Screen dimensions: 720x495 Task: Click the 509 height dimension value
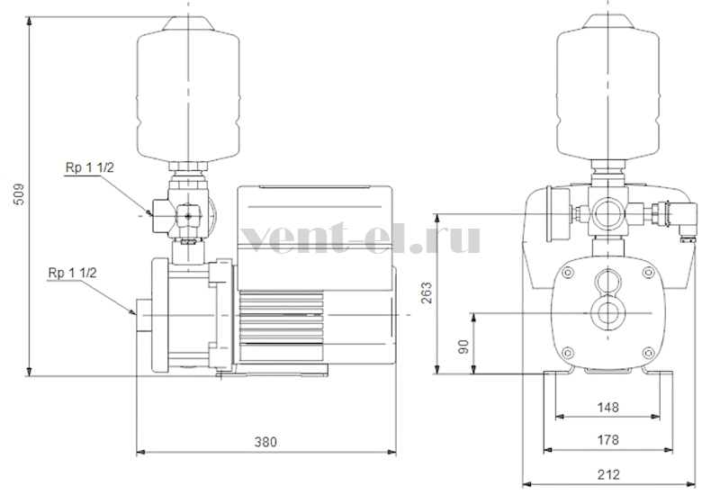click(x=19, y=194)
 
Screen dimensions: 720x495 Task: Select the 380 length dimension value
click(x=265, y=442)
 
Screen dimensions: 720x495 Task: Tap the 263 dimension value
click(x=427, y=293)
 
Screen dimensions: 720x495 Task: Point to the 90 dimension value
click(x=463, y=346)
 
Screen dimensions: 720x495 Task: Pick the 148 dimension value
click(x=607, y=408)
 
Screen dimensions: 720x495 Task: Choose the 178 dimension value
click(x=607, y=440)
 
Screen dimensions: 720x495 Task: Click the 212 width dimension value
click(x=608, y=474)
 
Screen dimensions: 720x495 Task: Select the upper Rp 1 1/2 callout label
click(x=89, y=167)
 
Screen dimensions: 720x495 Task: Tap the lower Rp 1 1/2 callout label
click(x=73, y=273)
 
